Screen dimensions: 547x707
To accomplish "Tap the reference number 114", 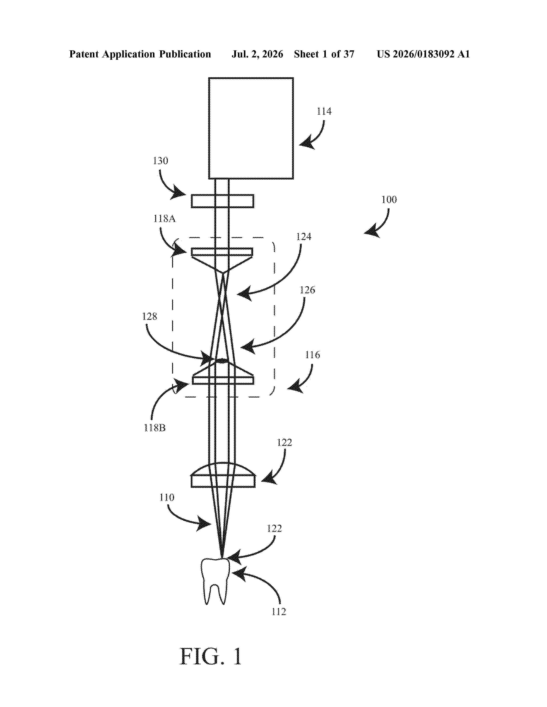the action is coord(324,111).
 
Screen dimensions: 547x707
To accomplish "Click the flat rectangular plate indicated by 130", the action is coord(222,201).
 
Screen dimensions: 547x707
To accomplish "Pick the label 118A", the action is coord(164,219).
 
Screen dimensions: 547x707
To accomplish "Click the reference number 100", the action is coord(389,199).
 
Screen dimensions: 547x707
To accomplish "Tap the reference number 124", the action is coord(304,237).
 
